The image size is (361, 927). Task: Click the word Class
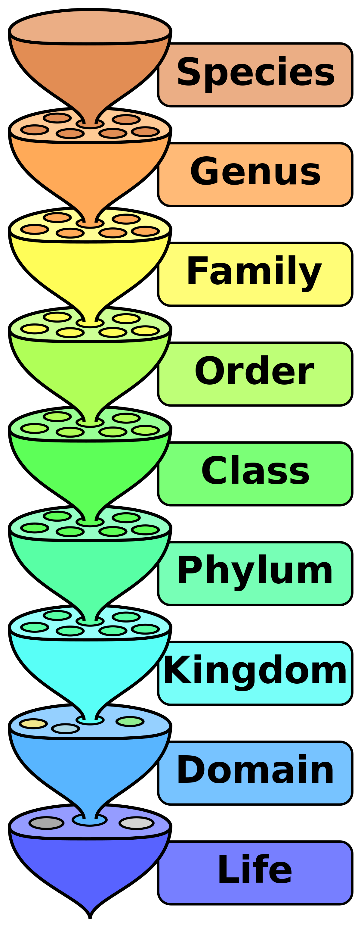point(255,471)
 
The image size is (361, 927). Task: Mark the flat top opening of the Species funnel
point(90,27)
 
